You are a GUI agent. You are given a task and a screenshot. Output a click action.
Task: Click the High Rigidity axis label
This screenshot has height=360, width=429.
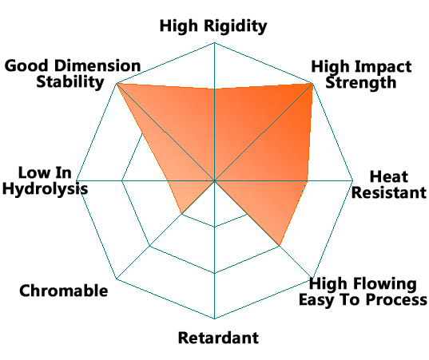(213, 26)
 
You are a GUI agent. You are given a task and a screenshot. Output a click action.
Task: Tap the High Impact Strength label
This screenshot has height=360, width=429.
(361, 74)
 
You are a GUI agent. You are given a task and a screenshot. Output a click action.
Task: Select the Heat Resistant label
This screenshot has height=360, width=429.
(389, 184)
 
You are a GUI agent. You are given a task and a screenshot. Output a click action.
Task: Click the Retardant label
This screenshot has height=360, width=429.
(218, 338)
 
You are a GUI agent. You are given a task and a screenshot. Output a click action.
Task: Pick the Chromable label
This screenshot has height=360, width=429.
(63, 291)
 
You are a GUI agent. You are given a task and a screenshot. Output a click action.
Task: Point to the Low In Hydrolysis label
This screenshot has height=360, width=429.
(46, 180)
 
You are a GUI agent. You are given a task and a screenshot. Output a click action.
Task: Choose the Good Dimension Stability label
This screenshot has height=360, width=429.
(73, 73)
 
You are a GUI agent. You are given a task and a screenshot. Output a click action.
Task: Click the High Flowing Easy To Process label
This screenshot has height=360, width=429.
(363, 291)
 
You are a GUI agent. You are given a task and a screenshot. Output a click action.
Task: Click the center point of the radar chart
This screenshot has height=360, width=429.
(214, 180)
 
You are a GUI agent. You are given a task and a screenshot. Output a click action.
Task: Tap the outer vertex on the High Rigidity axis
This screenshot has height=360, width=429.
(214, 42)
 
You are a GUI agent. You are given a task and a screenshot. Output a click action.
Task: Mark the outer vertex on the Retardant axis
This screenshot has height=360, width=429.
(214, 318)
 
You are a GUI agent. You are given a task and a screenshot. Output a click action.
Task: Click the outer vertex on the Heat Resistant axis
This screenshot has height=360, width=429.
(353, 180)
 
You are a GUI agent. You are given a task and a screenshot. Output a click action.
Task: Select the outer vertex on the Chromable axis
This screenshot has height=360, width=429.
(117, 279)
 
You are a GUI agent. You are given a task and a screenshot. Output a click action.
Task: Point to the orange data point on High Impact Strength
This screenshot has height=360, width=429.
(312, 83)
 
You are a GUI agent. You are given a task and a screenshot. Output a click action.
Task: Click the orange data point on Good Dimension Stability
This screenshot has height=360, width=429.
(117, 83)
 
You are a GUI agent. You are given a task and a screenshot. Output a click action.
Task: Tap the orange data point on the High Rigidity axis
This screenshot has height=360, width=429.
(214, 89)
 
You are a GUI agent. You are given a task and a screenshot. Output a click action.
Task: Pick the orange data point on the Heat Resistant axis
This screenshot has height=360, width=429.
(307, 180)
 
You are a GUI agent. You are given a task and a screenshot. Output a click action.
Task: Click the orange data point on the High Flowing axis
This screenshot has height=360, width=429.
(280, 246)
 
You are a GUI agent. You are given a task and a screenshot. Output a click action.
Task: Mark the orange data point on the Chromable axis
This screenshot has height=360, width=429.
(181, 213)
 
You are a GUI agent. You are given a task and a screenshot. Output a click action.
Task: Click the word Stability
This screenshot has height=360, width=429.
(70, 82)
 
